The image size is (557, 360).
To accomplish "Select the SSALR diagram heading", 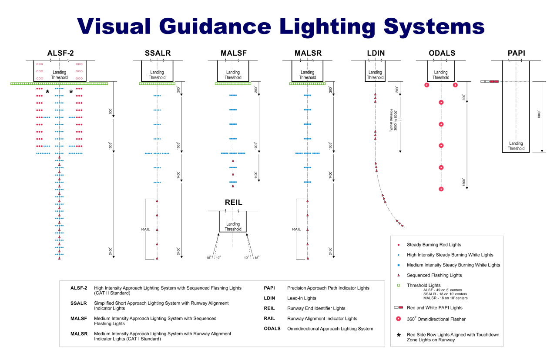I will point(158,53).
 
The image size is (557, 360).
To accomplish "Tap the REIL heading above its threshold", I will point(233,203).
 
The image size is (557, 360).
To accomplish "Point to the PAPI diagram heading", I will point(516,53).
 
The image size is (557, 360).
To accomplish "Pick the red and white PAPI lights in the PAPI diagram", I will point(490,81).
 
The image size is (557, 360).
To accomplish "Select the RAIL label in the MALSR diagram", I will point(296,229).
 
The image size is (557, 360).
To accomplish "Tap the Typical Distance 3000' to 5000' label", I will point(393,120).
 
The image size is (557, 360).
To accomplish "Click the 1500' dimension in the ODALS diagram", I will point(464,182).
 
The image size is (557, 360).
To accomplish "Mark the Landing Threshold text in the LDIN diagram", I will point(375,75).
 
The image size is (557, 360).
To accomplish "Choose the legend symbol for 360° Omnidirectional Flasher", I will point(399,319).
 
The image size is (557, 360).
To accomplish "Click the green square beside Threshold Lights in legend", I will point(399,285).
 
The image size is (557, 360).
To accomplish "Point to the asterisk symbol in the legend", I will point(399,336).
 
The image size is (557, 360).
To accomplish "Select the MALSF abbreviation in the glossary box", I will point(79,318).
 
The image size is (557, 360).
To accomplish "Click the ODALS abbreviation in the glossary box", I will point(273,329).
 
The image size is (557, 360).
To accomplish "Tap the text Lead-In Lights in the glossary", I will point(302,298).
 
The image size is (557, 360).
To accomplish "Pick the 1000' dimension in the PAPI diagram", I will point(540,115).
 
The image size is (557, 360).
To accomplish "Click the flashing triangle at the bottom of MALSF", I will point(233,186).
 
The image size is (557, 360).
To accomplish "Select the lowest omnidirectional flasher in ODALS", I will point(441,189).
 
